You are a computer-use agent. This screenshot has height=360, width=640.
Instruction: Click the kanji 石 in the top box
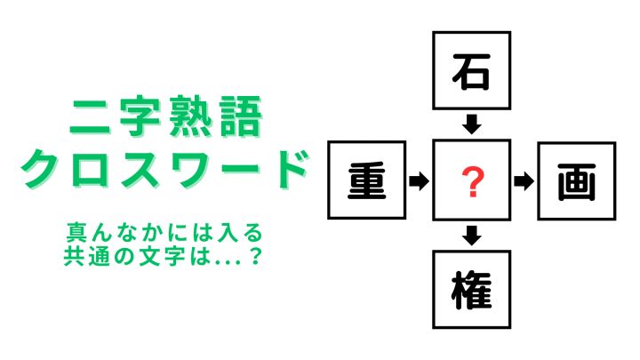click(x=471, y=71)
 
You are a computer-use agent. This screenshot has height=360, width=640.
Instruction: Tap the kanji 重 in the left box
click(x=366, y=180)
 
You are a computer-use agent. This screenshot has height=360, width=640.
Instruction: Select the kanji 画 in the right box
click(x=577, y=181)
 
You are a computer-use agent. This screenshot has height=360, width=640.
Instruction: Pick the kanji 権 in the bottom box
click(x=471, y=290)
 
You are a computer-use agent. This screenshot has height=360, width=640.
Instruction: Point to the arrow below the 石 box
click(x=472, y=124)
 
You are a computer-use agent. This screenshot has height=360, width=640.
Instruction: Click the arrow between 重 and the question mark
click(x=419, y=180)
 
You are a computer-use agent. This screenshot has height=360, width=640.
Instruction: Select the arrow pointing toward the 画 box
click(x=524, y=181)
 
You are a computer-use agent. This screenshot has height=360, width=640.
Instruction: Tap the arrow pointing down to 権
click(x=472, y=236)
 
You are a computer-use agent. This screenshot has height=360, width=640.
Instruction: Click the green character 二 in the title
click(x=90, y=117)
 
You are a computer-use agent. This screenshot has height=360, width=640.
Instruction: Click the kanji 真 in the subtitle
click(x=76, y=233)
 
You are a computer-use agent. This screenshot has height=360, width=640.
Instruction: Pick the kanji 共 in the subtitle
click(x=74, y=257)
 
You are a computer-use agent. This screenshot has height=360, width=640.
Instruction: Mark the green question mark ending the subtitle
click(x=255, y=257)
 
